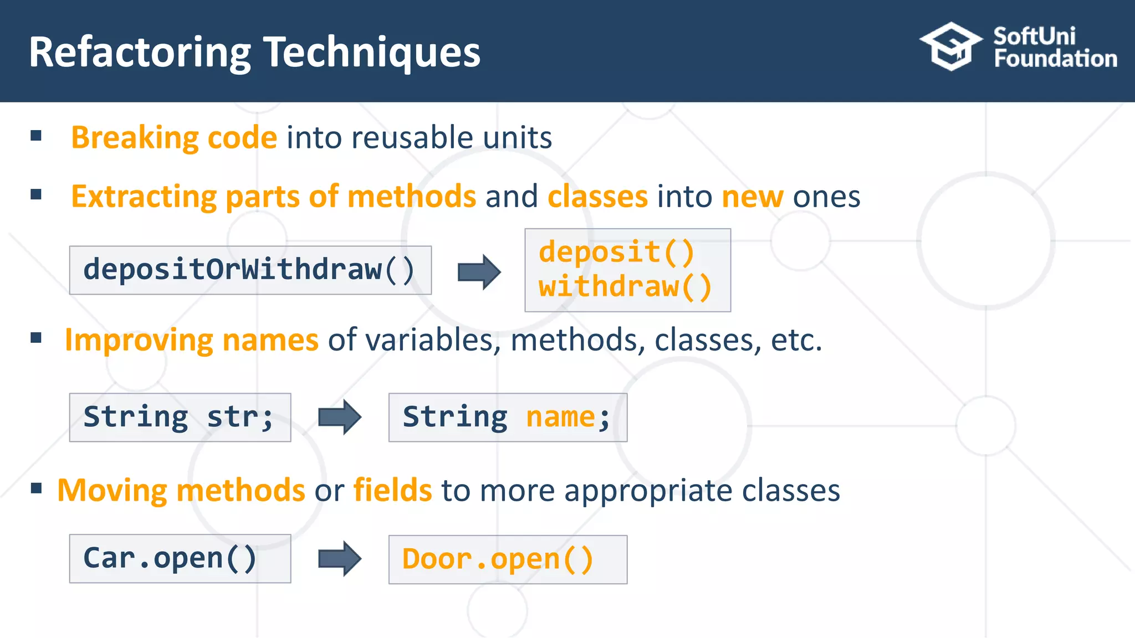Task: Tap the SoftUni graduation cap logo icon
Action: tap(950, 47)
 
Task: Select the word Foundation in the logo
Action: tap(1055, 59)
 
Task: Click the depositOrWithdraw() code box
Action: tap(250, 270)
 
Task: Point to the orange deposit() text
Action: tap(616, 252)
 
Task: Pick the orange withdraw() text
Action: tap(625, 287)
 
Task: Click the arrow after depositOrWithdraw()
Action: tap(479, 272)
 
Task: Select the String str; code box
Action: tap(180, 418)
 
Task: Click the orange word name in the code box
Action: tap(560, 417)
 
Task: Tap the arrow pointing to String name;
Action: tap(340, 417)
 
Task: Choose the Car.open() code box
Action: tap(180, 558)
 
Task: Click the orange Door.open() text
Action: tap(498, 559)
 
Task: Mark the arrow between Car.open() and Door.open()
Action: tap(340, 559)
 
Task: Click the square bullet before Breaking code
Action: tap(37, 136)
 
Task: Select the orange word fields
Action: tap(392, 491)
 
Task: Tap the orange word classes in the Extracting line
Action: tap(597, 197)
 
